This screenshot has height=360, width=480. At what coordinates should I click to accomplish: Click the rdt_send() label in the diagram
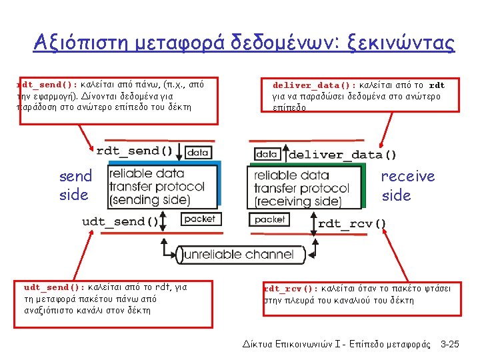(135, 151)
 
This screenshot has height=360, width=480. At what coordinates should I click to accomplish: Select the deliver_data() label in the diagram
(342, 155)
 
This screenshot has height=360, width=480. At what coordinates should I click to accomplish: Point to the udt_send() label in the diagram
(121, 221)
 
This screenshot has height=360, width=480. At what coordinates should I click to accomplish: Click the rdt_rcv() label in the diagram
(352, 223)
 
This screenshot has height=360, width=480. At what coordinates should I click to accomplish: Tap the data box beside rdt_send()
(197, 152)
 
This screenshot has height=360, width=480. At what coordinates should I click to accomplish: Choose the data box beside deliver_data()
(267, 154)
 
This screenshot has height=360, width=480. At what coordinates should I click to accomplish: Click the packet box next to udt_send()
(199, 219)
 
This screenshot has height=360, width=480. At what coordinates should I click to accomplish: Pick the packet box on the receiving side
(270, 219)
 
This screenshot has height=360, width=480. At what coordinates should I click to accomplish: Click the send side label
(75, 185)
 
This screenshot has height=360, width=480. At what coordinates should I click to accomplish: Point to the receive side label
(407, 185)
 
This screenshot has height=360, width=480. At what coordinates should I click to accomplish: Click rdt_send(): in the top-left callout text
(47, 85)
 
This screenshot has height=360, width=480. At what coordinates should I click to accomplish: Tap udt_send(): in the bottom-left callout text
(54, 287)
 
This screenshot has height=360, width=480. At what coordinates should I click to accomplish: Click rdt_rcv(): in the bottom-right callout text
(291, 289)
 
